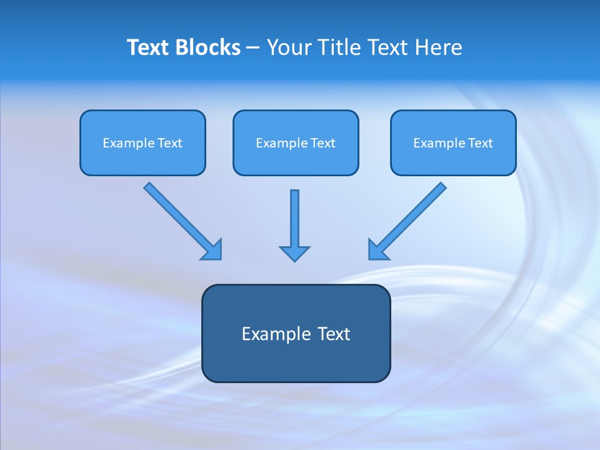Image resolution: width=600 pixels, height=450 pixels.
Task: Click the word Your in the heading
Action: (287, 47)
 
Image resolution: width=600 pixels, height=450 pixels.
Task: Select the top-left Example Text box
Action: (142, 143)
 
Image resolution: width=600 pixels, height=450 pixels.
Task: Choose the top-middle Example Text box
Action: (296, 143)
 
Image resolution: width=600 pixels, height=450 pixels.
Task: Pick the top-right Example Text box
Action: (453, 143)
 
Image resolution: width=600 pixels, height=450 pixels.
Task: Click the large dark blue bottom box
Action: (296, 333)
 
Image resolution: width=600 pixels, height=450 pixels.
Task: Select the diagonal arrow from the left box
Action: (178, 216)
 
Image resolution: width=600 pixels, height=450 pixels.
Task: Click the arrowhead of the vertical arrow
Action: (294, 252)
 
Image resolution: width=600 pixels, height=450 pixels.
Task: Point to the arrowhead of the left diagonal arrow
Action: (212, 250)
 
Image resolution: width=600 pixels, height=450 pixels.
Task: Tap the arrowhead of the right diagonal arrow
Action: (377, 250)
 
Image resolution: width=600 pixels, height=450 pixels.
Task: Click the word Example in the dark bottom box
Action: (272, 334)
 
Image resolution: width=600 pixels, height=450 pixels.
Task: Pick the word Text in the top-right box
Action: (480, 143)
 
